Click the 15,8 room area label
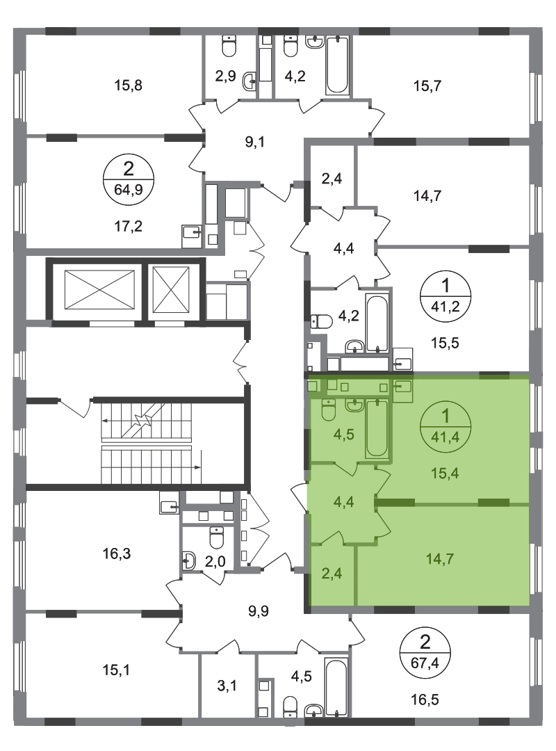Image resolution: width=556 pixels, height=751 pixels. pyautogui.click(x=129, y=86)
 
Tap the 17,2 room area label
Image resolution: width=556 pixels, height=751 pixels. pyautogui.click(x=129, y=225)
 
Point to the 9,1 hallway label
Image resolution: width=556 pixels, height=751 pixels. pyautogui.click(x=255, y=143)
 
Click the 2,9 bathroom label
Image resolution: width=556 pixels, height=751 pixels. pyautogui.click(x=225, y=76)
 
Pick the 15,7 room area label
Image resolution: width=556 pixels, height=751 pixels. pyautogui.click(x=427, y=86)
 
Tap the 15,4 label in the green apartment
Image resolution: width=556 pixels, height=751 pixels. pyautogui.click(x=445, y=474)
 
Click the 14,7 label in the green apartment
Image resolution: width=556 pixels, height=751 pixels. pyautogui.click(x=440, y=559)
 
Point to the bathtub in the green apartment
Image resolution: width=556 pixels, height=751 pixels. pyautogui.click(x=377, y=428)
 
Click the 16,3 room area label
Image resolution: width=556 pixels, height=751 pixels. pyautogui.click(x=116, y=554)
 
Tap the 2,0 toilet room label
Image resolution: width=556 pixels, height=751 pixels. pyautogui.click(x=215, y=561)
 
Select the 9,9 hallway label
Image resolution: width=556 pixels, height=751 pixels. pyautogui.click(x=259, y=611)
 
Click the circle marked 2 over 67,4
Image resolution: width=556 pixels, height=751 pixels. pyautogui.click(x=425, y=652)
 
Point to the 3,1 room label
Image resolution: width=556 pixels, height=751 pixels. pyautogui.click(x=227, y=686)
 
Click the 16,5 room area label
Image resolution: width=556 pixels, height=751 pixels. pyautogui.click(x=425, y=700)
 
